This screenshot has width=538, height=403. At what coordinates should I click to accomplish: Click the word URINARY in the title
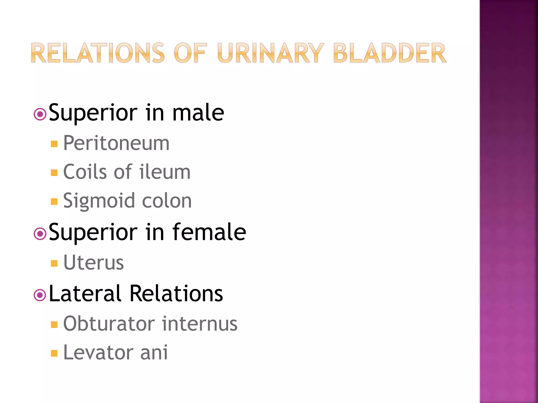(271, 53)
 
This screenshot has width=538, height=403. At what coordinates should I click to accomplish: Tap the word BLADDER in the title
(390, 53)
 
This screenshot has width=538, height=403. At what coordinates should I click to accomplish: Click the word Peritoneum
(116, 143)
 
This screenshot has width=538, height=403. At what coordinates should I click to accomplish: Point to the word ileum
(165, 172)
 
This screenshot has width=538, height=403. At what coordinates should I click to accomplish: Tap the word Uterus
(94, 262)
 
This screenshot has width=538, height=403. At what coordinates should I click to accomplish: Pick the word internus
(200, 324)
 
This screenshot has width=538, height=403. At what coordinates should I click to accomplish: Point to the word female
(209, 232)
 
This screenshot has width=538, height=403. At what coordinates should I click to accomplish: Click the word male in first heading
(198, 113)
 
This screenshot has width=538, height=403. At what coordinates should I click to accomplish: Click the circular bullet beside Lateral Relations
(40, 295)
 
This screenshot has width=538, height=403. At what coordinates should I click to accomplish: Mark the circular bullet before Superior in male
(40, 114)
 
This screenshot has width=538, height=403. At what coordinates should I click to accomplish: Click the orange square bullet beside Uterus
(54, 263)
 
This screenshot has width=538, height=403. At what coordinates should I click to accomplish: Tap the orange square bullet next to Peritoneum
(54, 144)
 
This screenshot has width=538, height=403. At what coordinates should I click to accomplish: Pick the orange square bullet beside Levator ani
(54, 353)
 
